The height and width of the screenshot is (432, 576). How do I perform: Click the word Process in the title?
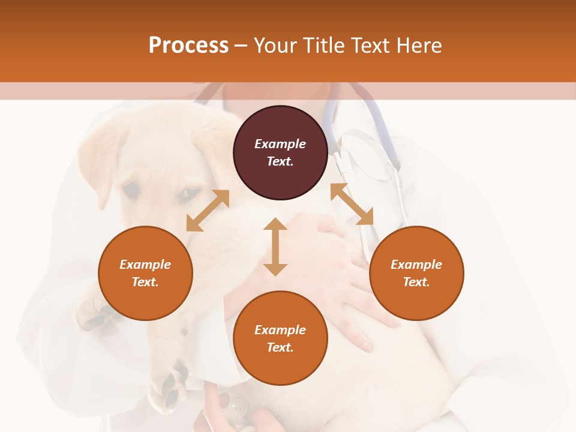188,46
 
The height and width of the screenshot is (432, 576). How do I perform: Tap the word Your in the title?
275,46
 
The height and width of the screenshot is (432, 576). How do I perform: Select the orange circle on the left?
145,273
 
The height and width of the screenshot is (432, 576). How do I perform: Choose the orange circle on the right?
416,273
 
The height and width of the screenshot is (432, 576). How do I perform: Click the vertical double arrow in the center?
275,247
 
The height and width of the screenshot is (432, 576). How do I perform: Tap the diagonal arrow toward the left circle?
208,211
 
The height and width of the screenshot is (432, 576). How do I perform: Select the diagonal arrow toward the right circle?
352,205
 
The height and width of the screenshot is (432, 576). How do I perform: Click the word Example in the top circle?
280,144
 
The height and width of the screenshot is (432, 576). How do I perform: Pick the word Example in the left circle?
145,265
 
